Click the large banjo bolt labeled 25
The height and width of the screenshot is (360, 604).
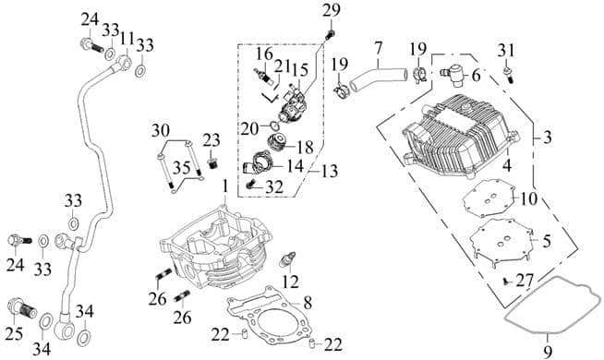point(22,306)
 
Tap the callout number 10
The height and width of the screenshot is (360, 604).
point(528,198)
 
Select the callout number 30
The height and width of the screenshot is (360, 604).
point(160,129)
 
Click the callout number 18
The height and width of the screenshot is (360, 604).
point(304,146)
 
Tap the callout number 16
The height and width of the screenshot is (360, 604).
point(262,55)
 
